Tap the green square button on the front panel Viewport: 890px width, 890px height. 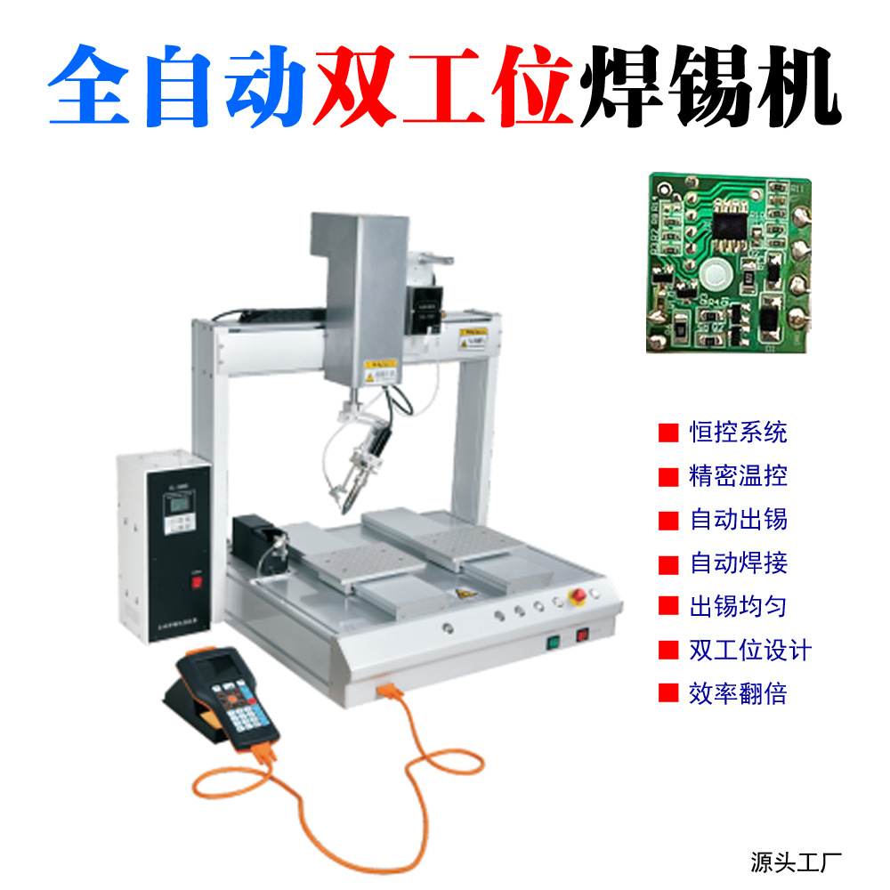coord(553,639)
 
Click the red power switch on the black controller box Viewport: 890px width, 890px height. coord(198,584)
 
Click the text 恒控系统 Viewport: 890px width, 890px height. coord(738,433)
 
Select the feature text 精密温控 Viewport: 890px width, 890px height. coord(738,476)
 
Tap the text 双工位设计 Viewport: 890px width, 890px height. coord(750,650)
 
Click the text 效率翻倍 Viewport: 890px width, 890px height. coord(738,693)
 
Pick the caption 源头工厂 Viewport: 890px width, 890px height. coord(796,862)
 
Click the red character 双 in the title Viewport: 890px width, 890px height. coord(355,85)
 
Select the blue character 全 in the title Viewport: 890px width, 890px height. coord(88,85)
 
